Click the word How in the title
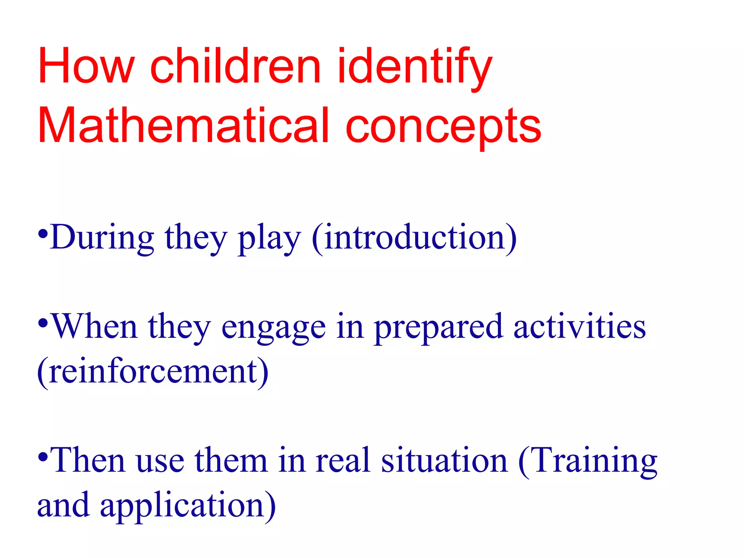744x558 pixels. pyautogui.click(x=86, y=66)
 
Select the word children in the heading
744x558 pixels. pyautogui.click(x=235, y=66)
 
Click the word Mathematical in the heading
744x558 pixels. pyautogui.click(x=183, y=125)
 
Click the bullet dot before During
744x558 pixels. pyautogui.click(x=43, y=234)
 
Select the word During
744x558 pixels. pyautogui.click(x=103, y=238)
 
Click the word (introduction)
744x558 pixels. pyautogui.click(x=414, y=238)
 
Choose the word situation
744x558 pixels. pyautogui.click(x=444, y=461)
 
